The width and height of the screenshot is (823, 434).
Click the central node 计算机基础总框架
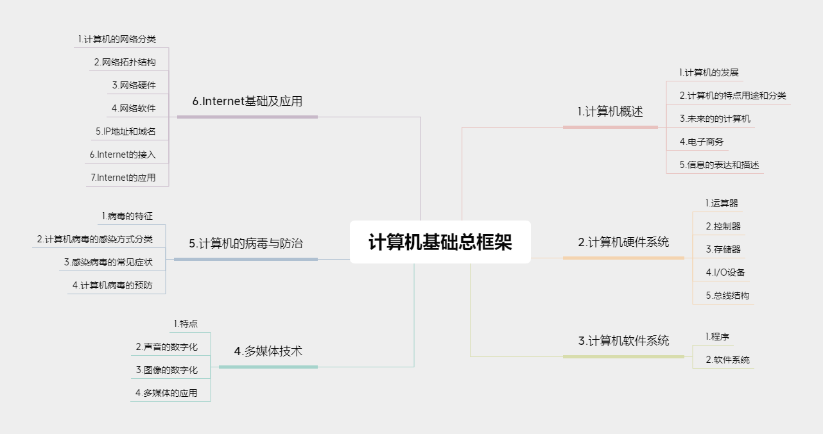tap(440, 242)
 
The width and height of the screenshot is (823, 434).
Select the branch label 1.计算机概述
tap(610, 112)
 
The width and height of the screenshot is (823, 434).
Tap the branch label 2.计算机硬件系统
tap(623, 242)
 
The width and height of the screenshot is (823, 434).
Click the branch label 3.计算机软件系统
tap(623, 340)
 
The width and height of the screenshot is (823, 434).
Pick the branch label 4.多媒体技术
tap(268, 351)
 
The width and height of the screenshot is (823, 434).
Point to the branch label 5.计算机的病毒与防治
tap(246, 244)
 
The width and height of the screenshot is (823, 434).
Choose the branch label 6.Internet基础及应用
tap(247, 101)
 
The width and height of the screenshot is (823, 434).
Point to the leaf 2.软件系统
tap(727, 360)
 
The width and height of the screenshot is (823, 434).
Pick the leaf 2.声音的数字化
tap(166, 347)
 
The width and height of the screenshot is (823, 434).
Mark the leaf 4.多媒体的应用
tap(166, 393)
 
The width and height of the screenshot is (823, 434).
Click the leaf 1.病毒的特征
tap(127, 216)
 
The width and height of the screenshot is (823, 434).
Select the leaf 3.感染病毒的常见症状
tap(108, 262)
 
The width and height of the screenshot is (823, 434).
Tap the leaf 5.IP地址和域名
tap(125, 131)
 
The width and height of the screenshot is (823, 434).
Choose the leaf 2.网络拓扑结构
tap(125, 62)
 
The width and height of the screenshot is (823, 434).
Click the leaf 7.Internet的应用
tap(123, 178)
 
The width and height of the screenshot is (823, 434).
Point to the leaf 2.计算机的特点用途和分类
tap(732, 96)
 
